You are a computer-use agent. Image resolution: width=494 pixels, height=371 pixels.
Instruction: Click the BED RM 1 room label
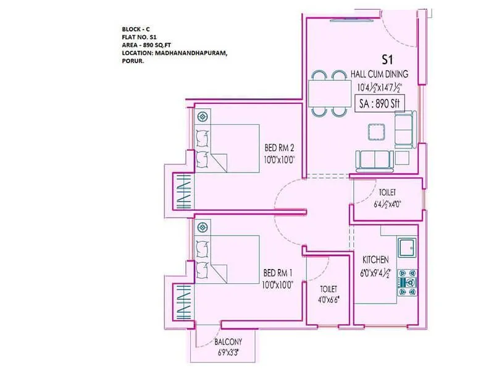click(278, 272)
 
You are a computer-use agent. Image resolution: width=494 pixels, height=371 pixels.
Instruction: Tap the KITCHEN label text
click(375, 260)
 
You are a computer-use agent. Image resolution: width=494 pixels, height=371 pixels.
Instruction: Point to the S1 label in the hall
click(387, 60)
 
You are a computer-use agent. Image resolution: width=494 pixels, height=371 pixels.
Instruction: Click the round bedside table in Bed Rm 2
click(202, 116)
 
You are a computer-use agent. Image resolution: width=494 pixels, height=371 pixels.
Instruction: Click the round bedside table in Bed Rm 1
click(202, 227)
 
